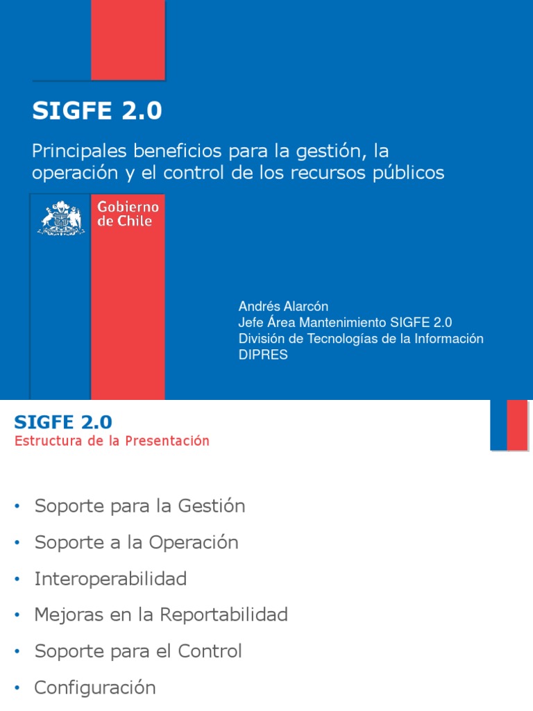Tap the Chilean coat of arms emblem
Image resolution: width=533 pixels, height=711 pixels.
click(x=61, y=217)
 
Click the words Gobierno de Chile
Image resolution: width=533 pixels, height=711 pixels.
click(x=128, y=214)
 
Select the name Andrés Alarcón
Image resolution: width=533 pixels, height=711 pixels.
click(x=283, y=306)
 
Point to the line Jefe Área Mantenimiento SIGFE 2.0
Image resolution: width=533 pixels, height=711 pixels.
click(x=345, y=322)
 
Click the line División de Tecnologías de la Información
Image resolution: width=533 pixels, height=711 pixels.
click(x=361, y=339)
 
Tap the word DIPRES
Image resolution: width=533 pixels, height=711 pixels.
click(x=263, y=355)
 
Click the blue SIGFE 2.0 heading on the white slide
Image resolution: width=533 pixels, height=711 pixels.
click(x=63, y=421)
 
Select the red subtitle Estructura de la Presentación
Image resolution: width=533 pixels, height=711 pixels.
click(x=112, y=441)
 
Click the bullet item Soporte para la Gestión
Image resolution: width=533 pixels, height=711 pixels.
click(x=139, y=506)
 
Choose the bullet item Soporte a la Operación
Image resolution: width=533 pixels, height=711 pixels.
click(x=136, y=542)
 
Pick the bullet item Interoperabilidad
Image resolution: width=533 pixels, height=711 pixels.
click(x=110, y=578)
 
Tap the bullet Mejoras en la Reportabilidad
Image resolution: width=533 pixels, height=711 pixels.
click(x=161, y=614)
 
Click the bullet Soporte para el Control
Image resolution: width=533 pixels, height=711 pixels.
click(x=138, y=651)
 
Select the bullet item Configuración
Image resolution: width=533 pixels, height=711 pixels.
click(x=95, y=687)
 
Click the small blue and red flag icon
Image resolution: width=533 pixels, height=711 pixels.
click(x=509, y=425)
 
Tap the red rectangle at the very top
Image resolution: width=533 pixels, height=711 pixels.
click(x=128, y=39)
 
